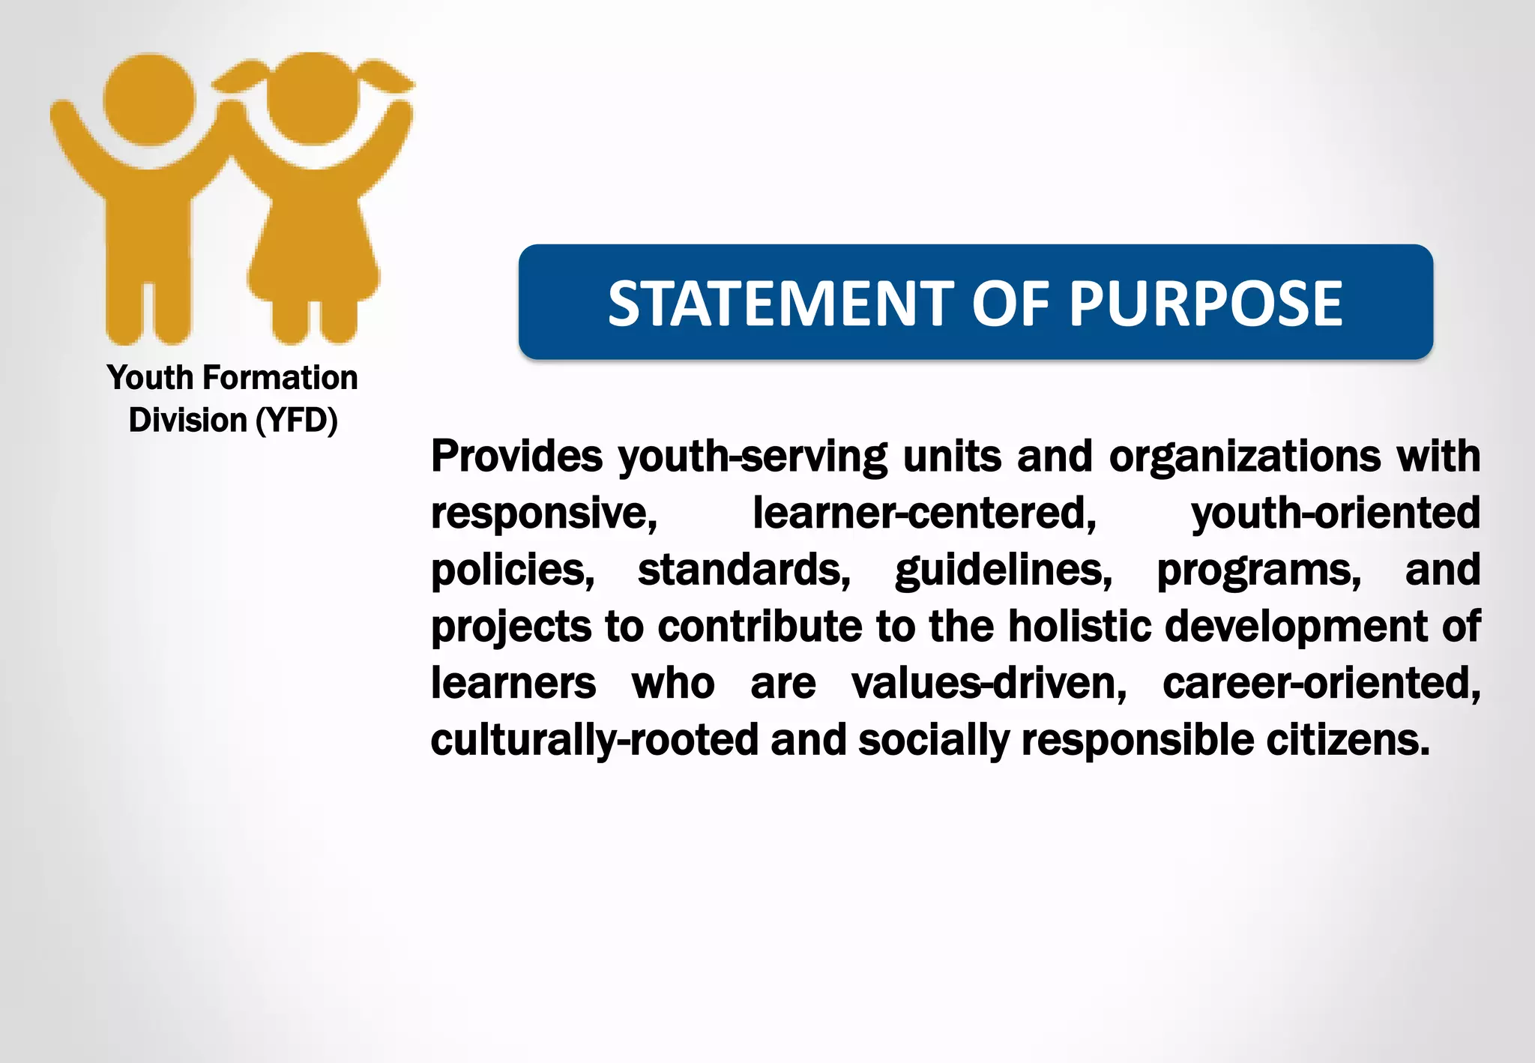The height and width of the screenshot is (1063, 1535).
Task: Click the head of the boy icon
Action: click(x=150, y=100)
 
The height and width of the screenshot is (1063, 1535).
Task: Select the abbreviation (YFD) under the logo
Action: click(x=297, y=421)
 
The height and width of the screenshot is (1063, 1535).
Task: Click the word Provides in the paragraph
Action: click(x=516, y=456)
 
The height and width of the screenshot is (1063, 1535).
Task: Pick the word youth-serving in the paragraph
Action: click(x=753, y=457)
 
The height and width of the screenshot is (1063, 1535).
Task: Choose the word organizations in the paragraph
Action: click(x=1244, y=457)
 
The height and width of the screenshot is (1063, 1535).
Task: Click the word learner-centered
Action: click(x=924, y=514)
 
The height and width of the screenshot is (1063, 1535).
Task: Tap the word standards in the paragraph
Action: click(x=744, y=570)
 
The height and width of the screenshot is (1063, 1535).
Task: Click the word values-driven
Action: click(x=989, y=684)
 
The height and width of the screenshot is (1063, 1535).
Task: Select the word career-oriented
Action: click(x=1321, y=684)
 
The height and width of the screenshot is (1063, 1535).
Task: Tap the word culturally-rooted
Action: click(x=595, y=741)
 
